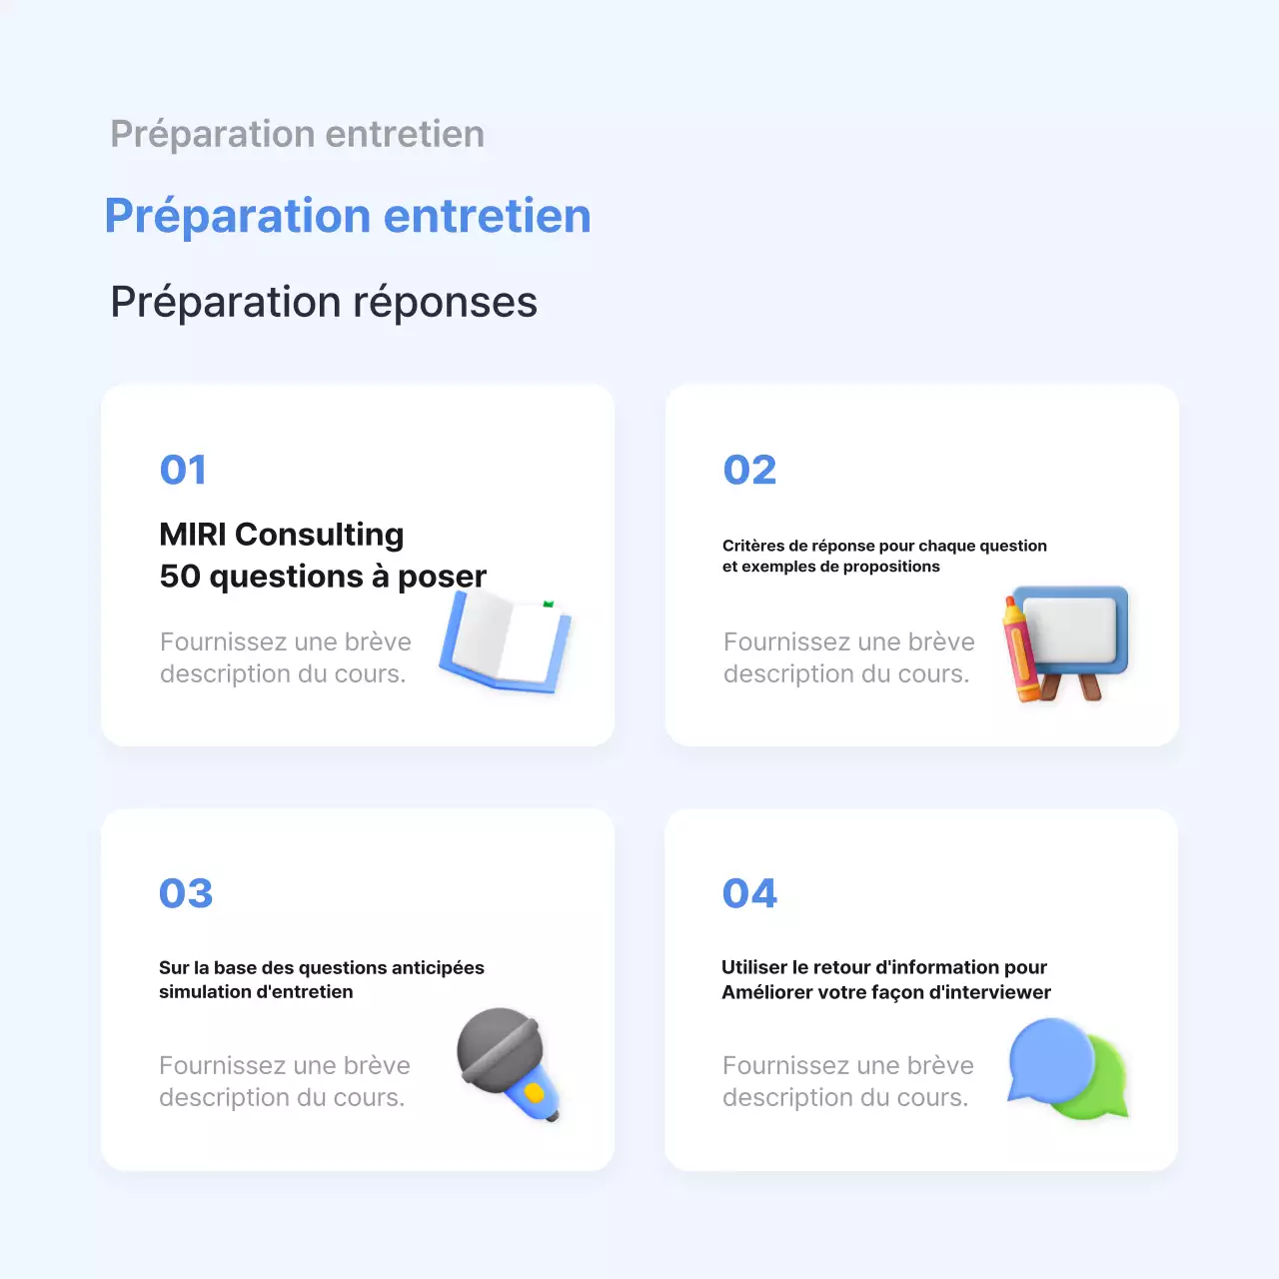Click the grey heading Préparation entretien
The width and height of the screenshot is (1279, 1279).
coord(297,134)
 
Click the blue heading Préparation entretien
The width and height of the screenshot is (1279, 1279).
coord(348,216)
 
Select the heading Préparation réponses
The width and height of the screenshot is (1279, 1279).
coord(324,302)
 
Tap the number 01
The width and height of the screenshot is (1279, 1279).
coord(183,470)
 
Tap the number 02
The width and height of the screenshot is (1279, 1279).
coord(749,470)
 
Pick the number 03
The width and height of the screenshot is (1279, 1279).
coord(186,893)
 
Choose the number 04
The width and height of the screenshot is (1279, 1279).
coord(749,893)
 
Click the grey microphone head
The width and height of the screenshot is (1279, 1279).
coord(500,1049)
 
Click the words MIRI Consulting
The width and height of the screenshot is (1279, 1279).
coord(282,535)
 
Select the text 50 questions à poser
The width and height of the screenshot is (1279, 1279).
coord(323,577)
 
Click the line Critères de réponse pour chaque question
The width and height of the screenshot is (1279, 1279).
coord(884,546)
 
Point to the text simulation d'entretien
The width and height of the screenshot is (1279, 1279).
coord(256,992)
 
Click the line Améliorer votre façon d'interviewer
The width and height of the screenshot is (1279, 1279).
coord(886,992)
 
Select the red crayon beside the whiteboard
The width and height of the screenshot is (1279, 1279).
coord(1020,649)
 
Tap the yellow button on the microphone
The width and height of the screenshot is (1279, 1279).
coord(535,1093)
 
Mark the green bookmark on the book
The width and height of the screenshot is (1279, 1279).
coord(548,605)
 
